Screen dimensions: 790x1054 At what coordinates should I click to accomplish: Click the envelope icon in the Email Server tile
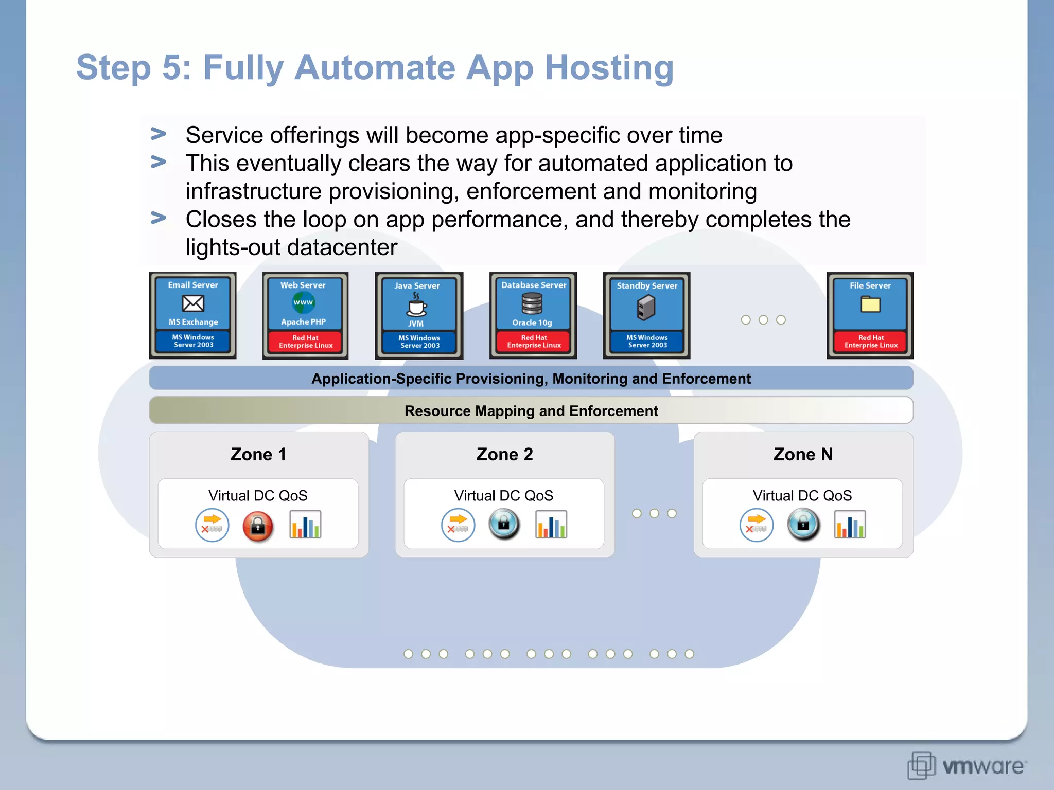193,303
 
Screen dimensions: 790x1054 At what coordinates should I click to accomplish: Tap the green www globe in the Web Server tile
303,302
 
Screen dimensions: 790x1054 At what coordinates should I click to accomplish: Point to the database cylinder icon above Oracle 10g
532,303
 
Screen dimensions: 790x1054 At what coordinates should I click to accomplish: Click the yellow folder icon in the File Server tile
870,304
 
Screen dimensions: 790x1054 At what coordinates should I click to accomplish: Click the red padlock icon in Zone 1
257,526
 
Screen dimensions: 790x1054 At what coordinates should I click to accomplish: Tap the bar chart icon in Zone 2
551,525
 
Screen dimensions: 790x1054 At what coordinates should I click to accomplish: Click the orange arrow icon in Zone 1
212,525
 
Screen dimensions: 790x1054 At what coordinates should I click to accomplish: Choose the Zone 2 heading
504,454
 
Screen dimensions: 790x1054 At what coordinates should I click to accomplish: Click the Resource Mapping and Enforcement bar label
531,411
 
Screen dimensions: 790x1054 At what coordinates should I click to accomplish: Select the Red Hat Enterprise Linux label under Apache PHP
306,342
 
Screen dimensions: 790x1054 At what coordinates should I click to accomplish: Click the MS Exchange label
193,322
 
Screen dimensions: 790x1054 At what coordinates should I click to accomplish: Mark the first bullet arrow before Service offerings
158,134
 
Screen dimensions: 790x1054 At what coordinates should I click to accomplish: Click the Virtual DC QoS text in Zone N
802,495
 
